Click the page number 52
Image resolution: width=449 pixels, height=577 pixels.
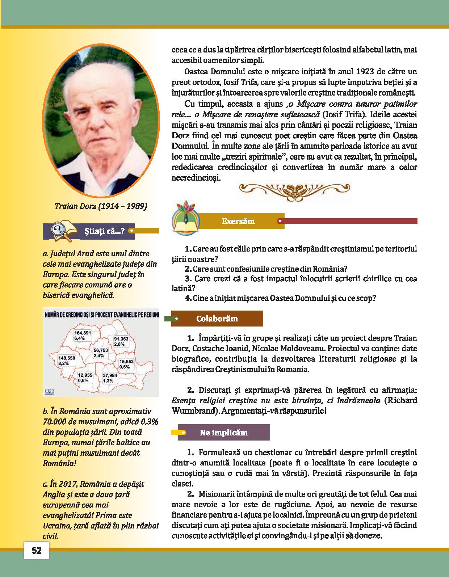pyautogui.click(x=37, y=551)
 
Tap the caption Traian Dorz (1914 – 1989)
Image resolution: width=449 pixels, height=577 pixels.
pyautogui.click(x=101, y=206)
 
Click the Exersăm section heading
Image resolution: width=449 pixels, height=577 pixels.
pyautogui.click(x=238, y=221)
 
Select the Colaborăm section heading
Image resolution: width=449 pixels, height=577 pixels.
pyautogui.click(x=217, y=319)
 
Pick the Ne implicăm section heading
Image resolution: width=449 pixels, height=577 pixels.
pyautogui.click(x=224, y=433)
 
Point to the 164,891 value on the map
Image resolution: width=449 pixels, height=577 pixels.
pyautogui.click(x=83, y=333)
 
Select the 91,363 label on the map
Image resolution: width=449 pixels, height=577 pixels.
pyautogui.click(x=121, y=339)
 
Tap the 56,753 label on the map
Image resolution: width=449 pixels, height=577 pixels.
pyautogui.click(x=101, y=350)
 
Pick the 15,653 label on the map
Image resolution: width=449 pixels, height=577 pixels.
pyautogui.click(x=127, y=362)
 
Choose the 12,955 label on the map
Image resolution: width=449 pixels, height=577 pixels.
pyautogui.click(x=85, y=375)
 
